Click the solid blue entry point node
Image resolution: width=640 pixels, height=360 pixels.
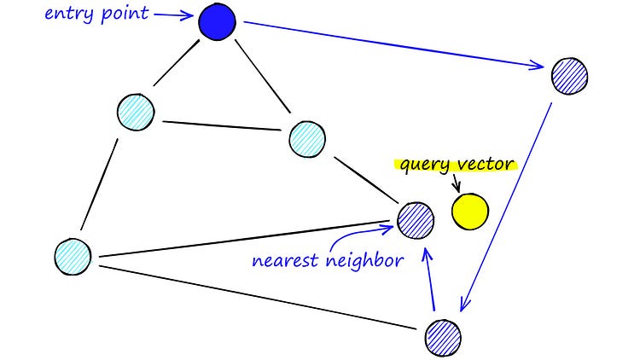tap(217, 22)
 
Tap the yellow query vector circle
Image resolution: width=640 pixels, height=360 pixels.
tap(470, 212)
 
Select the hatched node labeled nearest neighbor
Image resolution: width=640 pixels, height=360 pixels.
tap(415, 221)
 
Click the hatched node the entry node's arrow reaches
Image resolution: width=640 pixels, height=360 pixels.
tap(570, 76)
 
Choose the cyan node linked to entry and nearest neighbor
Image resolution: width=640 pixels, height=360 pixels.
tap(308, 138)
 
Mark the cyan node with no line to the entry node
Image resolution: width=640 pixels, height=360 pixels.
tap(73, 255)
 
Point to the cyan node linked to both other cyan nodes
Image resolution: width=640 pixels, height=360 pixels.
tap(136, 112)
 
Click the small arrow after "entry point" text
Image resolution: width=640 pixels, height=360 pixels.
tap(174, 15)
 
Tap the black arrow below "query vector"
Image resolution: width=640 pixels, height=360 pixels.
tap(456, 182)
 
